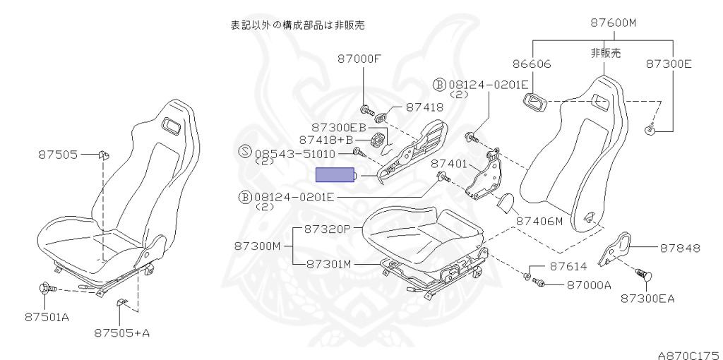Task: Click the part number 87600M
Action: coord(613,23)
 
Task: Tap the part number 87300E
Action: coord(668,64)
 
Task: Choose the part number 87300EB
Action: coord(339,127)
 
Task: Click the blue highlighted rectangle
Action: coord(335,175)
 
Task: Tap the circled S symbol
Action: coord(245,151)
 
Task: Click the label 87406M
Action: coord(539,221)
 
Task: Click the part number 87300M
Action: coord(258,246)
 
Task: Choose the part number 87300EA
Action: coord(647,298)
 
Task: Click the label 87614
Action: coord(568,267)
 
